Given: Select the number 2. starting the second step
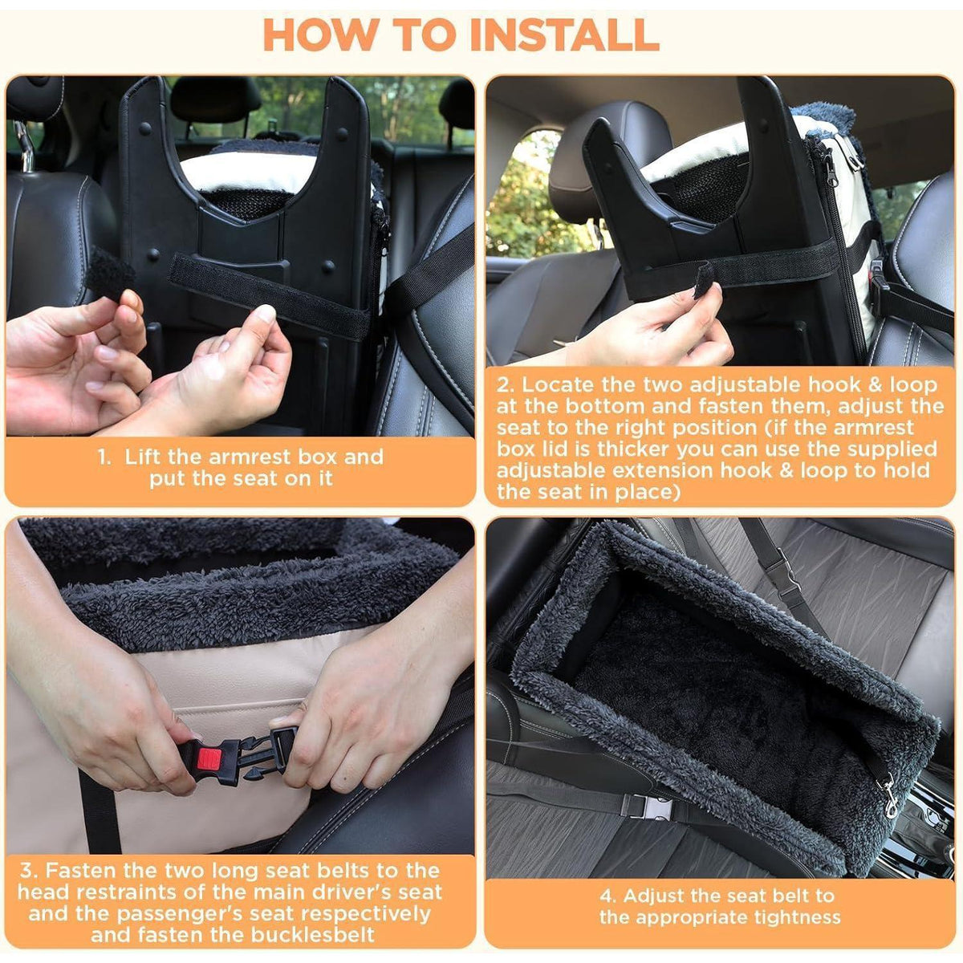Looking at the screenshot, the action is point(506,385).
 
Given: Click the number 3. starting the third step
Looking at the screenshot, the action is point(30,870).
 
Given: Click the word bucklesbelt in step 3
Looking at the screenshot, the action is point(313,935).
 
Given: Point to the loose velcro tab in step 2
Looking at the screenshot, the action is point(703,281).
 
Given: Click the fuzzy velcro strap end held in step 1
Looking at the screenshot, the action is point(111,272).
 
